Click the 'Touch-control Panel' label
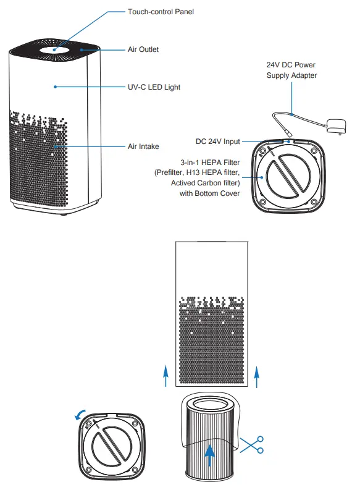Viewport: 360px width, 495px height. [160, 12]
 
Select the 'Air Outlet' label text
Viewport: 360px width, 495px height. [143, 49]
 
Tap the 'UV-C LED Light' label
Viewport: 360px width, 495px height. [153, 87]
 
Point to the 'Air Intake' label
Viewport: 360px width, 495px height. [143, 146]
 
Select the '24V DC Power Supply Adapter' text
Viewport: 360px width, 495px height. [291, 70]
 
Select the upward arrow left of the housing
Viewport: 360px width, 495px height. [165, 375]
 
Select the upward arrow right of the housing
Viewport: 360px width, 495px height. [257, 375]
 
